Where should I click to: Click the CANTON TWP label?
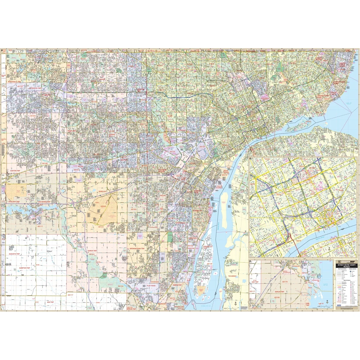[x=15, y=171]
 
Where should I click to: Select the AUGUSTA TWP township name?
[x=14, y=254]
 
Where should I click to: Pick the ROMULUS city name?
[x=102, y=191]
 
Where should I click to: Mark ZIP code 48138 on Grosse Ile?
[x=209, y=264]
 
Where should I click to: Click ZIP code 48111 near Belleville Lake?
[x=40, y=226]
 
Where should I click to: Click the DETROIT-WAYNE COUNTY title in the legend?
[x=346, y=265]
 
